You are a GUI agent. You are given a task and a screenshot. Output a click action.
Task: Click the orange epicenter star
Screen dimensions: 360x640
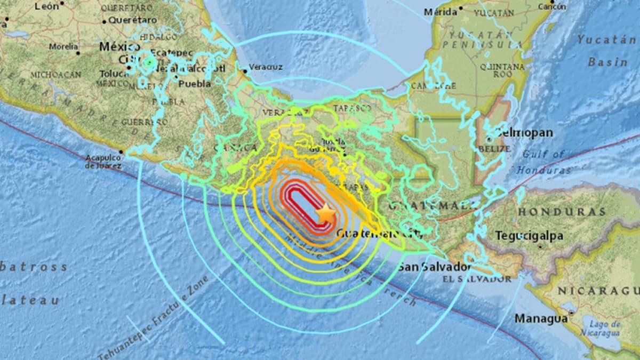(x=325, y=213)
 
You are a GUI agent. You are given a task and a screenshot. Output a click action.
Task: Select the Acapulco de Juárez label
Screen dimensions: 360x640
(x=103, y=162)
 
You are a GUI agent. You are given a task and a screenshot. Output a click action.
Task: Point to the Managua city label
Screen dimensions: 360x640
(x=541, y=318)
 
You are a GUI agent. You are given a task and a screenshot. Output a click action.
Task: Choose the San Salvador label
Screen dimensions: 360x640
(x=435, y=267)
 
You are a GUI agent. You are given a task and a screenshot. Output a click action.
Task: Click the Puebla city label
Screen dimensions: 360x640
(x=191, y=84)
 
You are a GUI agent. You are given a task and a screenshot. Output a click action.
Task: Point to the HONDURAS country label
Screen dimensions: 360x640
(x=562, y=212)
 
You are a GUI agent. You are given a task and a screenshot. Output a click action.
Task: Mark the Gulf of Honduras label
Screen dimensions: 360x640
(x=543, y=162)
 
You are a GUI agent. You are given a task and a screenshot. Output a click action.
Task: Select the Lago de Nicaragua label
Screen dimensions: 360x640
(x=605, y=328)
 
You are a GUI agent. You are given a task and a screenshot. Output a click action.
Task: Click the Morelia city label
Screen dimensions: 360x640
(x=63, y=46)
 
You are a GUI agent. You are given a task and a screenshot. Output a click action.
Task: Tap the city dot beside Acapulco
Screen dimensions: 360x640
(x=121, y=152)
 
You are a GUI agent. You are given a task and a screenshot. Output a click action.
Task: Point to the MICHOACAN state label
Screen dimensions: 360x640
(x=55, y=75)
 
